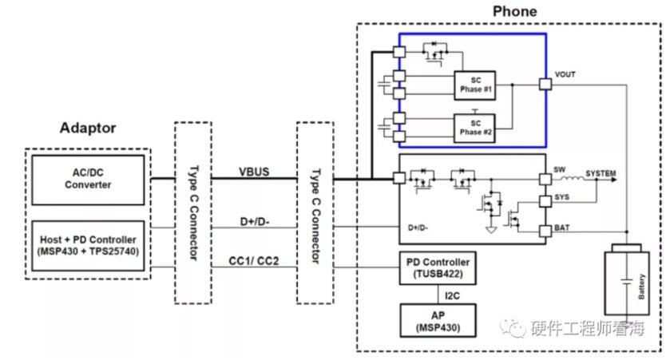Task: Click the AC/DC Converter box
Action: coord(88,180)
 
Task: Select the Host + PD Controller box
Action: coord(88,246)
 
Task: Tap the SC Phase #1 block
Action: coord(474,85)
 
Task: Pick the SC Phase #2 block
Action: coord(474,128)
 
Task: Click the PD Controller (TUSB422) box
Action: coord(438,267)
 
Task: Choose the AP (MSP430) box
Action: coord(438,321)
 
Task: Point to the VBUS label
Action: coord(254,172)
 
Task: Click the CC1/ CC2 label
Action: coord(254,260)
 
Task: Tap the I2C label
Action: coord(452,295)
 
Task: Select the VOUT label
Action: coord(565,74)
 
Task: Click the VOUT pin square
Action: coord(545,84)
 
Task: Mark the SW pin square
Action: coord(545,179)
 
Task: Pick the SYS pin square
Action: coord(545,201)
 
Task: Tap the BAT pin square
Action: coord(545,231)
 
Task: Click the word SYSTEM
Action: coord(601,173)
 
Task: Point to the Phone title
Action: coord(514,11)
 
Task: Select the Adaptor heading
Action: coord(88,127)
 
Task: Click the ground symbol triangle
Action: coord(491,230)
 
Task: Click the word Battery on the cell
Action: coord(640,287)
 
